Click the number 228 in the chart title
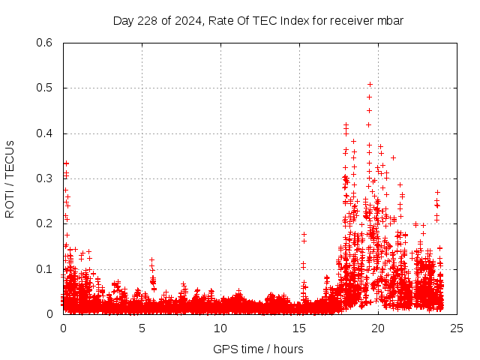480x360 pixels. click(145, 21)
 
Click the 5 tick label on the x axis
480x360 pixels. click(142, 328)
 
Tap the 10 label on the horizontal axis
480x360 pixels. click(220, 328)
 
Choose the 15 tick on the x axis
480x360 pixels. click(299, 328)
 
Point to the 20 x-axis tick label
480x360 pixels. click(378, 328)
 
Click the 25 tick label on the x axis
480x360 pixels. click(457, 328)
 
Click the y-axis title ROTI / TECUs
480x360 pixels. click(10, 178)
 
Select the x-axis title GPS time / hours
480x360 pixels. click(259, 349)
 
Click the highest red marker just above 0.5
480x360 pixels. click(370, 84)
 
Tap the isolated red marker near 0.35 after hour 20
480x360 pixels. click(393, 157)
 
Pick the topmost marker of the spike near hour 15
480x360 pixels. click(304, 234)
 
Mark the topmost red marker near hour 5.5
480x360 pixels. click(151, 259)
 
